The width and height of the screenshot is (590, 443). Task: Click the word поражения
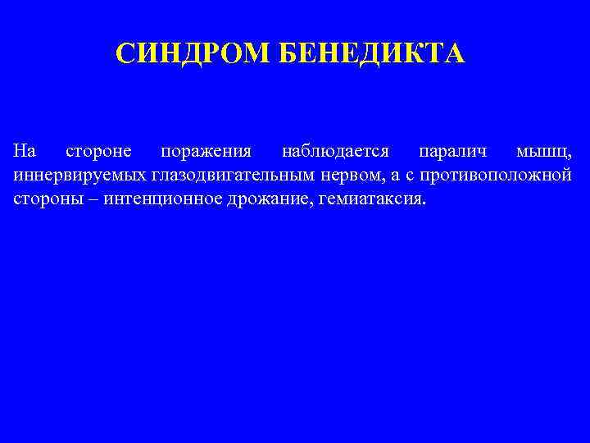point(206,152)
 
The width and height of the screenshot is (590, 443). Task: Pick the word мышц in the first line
point(544,152)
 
